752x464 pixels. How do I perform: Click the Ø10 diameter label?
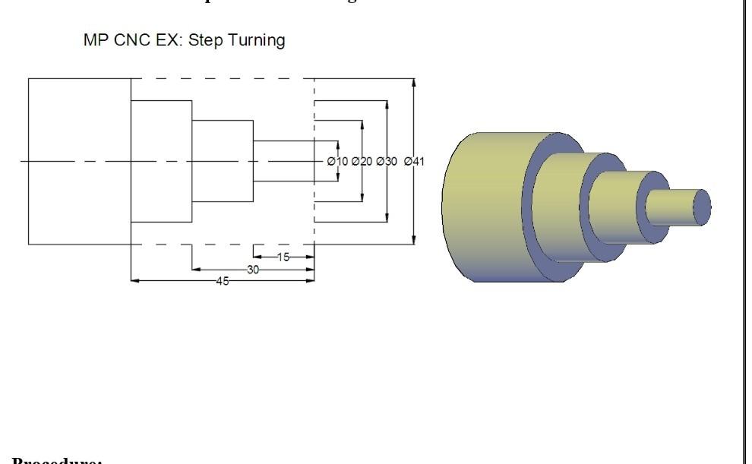(x=337, y=161)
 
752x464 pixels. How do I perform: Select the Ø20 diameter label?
(x=362, y=161)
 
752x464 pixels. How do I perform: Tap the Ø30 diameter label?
(x=387, y=161)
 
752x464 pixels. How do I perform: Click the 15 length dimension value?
(x=283, y=257)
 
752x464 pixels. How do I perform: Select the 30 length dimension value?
(x=253, y=270)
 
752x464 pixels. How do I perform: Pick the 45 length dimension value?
(x=223, y=281)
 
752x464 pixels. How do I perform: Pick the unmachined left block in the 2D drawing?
(x=79, y=161)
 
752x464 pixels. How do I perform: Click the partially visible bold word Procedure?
(x=57, y=460)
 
